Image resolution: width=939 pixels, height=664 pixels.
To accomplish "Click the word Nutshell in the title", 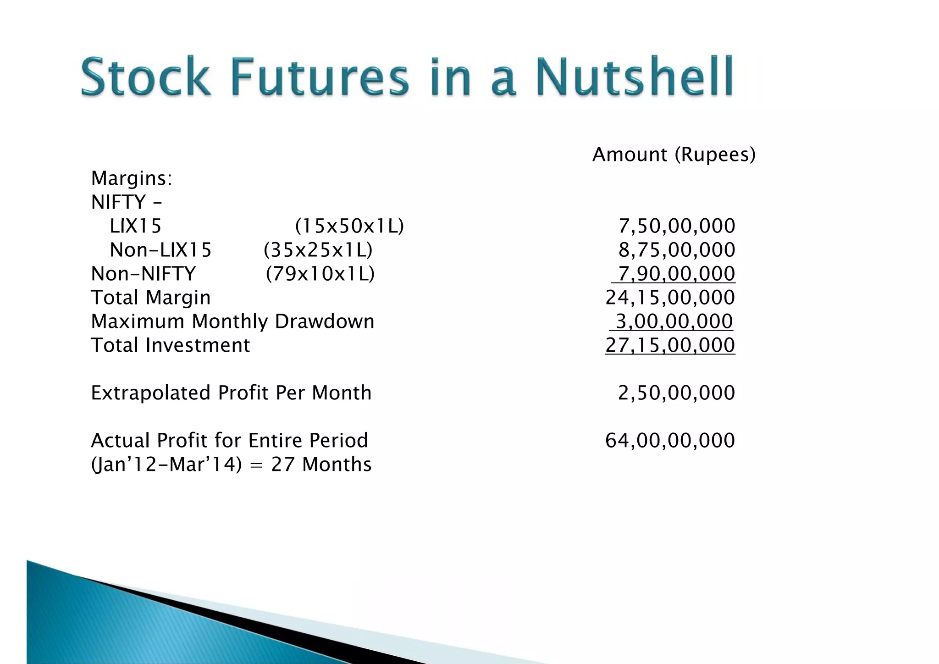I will tap(634, 76).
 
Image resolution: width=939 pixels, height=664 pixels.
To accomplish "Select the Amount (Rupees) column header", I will tap(674, 155).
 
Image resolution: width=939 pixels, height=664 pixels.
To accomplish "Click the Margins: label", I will tap(132, 178).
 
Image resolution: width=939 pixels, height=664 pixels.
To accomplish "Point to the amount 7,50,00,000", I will tap(676, 226).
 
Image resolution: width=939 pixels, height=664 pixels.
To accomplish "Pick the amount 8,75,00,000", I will tap(676, 250).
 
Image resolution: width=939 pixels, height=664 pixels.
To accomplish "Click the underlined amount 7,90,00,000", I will tap(676, 274).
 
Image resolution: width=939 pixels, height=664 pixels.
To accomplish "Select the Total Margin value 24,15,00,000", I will tap(670, 298).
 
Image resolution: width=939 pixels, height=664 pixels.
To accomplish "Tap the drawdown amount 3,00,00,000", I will tap(674, 321).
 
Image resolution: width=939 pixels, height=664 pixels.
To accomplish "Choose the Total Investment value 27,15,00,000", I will tap(670, 345).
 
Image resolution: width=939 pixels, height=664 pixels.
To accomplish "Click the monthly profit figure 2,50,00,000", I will tap(676, 393).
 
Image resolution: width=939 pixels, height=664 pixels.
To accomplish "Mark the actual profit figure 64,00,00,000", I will tap(670, 441).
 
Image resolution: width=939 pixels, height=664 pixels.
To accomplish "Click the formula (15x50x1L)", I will tap(349, 226).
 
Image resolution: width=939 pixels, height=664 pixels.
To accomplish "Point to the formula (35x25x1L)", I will tap(318, 250).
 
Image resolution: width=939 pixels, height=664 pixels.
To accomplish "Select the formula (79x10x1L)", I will tap(320, 274).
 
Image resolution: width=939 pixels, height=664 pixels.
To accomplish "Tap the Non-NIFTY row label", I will tap(144, 274).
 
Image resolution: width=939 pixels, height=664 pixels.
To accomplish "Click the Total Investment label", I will tap(171, 345).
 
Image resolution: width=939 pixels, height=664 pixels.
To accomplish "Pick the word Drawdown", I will tap(324, 321).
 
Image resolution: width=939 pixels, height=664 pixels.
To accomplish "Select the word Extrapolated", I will tap(151, 393).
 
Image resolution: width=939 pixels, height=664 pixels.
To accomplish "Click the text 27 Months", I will tap(321, 465).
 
